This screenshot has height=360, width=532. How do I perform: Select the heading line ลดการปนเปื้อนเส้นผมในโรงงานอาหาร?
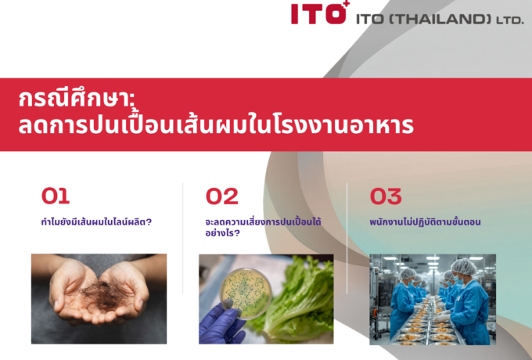coord(216,126)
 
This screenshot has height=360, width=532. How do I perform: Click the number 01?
coord(56,196)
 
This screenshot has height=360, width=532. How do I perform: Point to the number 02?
coord(221,196)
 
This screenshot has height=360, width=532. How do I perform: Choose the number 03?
coord(386,196)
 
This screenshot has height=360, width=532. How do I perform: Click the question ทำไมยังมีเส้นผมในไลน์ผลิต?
coord(96,221)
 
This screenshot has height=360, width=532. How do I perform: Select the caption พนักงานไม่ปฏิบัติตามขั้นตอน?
coord(425,221)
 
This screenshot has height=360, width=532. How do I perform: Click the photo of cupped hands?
coord(99,298)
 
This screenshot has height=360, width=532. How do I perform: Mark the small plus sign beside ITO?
coord(345,5)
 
